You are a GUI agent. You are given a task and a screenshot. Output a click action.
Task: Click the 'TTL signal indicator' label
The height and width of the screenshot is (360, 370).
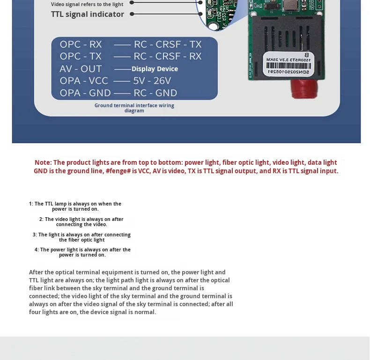point(88,14)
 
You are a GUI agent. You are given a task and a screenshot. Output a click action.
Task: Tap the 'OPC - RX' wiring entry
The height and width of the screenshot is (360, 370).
point(81,44)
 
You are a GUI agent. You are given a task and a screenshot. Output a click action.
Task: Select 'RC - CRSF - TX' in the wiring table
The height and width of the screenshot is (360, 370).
point(168,44)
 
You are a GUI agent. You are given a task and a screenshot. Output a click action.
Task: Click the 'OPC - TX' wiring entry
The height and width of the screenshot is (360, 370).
point(81,56)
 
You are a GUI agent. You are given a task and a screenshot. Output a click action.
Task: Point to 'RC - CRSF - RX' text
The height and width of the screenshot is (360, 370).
point(168,56)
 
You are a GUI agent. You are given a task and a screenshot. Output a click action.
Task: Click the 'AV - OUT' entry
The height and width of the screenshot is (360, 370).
point(81,69)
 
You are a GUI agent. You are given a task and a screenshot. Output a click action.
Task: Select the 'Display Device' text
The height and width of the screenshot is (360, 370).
point(155,69)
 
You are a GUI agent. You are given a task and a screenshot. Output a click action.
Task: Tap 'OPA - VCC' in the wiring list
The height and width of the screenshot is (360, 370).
point(84,81)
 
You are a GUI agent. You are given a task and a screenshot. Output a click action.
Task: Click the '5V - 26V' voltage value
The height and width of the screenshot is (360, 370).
point(152,81)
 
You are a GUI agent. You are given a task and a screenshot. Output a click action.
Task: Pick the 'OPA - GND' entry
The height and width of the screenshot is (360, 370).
point(85,93)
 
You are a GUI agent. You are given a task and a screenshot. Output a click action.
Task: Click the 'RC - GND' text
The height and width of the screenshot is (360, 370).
point(155,93)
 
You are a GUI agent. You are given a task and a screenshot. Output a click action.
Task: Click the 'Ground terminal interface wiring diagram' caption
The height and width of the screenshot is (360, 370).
point(134,108)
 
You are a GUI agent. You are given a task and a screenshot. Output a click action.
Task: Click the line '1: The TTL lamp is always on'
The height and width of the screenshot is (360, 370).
point(75,206)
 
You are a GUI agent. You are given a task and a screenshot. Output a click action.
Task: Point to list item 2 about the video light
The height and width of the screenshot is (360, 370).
point(81,222)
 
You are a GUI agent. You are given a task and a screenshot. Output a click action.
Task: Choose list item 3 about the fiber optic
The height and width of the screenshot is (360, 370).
point(81,237)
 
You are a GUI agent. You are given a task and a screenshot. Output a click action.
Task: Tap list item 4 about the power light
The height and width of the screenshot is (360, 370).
point(82,252)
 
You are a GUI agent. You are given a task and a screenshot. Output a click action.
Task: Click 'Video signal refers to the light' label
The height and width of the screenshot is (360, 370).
point(87,4)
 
